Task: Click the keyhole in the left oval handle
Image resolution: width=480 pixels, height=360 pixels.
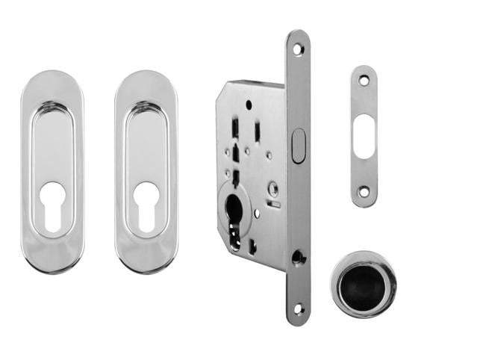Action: coord(52,204)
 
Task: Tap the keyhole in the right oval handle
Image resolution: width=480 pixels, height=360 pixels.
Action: coord(146,204)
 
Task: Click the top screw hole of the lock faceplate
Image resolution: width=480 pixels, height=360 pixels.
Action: coord(298,49)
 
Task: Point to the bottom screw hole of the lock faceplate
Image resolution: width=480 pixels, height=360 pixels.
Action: coord(298,308)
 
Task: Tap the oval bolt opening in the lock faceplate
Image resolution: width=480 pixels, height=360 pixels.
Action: coord(298,146)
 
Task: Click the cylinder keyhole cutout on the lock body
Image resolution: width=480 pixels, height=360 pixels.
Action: coord(234,213)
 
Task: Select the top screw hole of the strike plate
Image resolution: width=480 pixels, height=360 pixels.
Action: coord(364,79)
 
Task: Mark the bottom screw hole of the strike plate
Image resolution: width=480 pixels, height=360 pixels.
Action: coord(364,192)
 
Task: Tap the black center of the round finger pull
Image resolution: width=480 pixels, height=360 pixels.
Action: coord(364,286)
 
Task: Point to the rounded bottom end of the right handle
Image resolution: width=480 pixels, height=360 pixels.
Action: coord(146,265)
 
